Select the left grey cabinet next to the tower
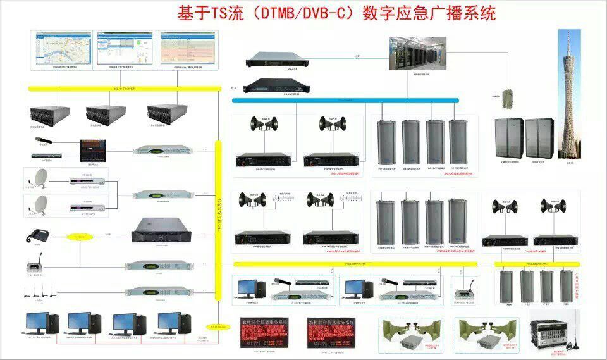coord(509,138)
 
